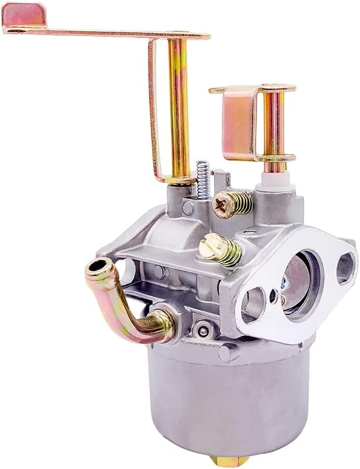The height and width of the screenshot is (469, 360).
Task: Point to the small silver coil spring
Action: point(204,179)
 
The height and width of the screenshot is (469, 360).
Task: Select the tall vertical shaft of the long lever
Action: point(178,109)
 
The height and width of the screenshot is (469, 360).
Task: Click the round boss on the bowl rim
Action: point(227,353)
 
